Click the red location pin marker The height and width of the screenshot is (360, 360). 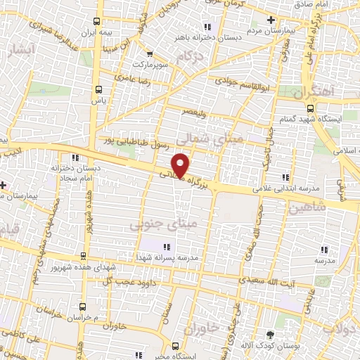coord(181,165)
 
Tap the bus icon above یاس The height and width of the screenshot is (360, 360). coord(98,89)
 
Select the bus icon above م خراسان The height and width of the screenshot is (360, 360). coord(83,307)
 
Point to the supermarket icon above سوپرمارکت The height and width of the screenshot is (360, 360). coord(149,53)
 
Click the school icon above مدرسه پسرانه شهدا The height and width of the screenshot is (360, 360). coord(167,246)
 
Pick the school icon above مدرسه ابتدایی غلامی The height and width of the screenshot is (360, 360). coord(285,177)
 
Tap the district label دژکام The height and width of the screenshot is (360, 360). coord(196,56)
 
